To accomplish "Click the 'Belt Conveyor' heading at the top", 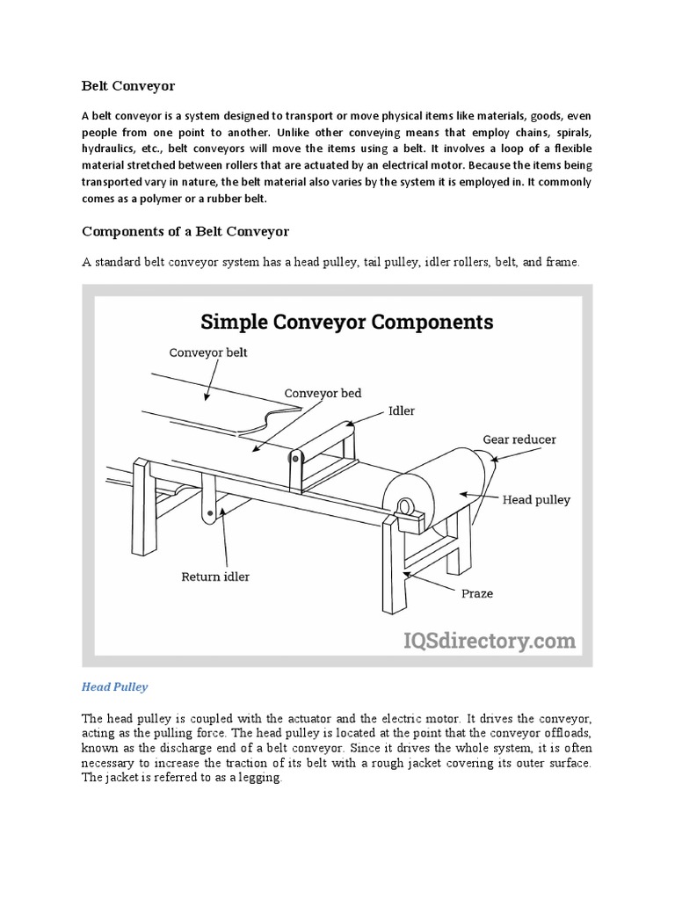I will (128, 86).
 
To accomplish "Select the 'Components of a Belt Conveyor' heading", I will (185, 231).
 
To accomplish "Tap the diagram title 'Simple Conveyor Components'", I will (347, 321).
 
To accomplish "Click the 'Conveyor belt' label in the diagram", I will (207, 352).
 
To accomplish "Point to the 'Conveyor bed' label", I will (322, 393).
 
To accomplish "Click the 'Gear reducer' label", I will (519, 439).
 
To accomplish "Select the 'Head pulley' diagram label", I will (536, 499).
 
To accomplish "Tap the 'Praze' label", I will (478, 593).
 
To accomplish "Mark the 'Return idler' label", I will (215, 577).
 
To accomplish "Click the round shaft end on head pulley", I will (408, 506).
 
